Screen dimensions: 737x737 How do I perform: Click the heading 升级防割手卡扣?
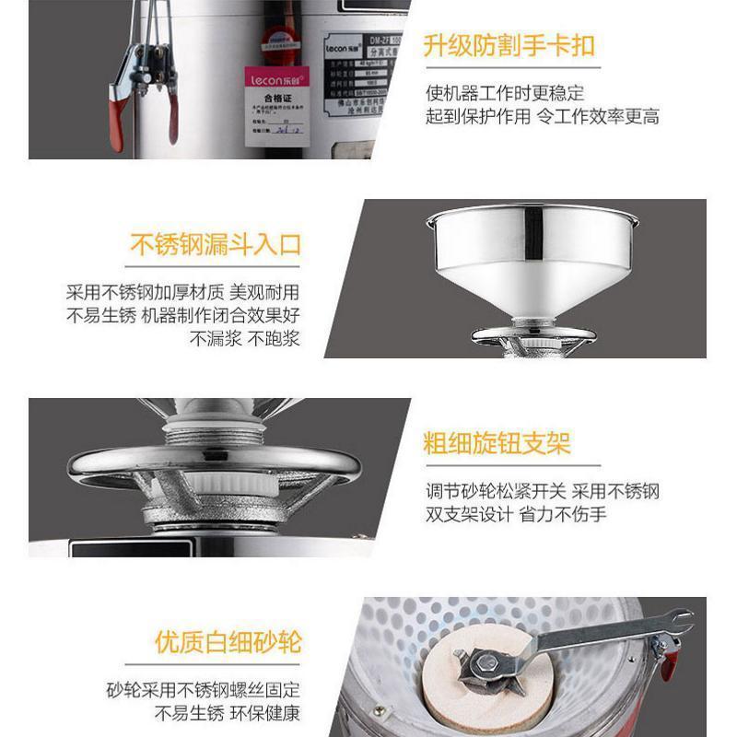coord(509,47)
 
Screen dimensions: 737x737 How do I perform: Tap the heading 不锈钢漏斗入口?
coord(216,246)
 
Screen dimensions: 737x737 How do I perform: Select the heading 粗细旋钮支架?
coord(497,443)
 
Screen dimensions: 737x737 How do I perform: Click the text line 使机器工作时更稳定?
coord(505,94)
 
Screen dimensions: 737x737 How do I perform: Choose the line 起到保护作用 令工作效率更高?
coord(542,117)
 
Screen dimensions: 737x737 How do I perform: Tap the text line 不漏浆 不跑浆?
coord(245,338)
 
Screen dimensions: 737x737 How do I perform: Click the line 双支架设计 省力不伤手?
coord(516,514)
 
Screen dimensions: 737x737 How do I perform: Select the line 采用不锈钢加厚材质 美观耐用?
coord(182,293)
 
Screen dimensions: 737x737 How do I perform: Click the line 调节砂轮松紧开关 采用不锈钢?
coord(542,491)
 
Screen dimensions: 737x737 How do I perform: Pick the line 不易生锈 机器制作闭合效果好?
coord(182,316)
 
